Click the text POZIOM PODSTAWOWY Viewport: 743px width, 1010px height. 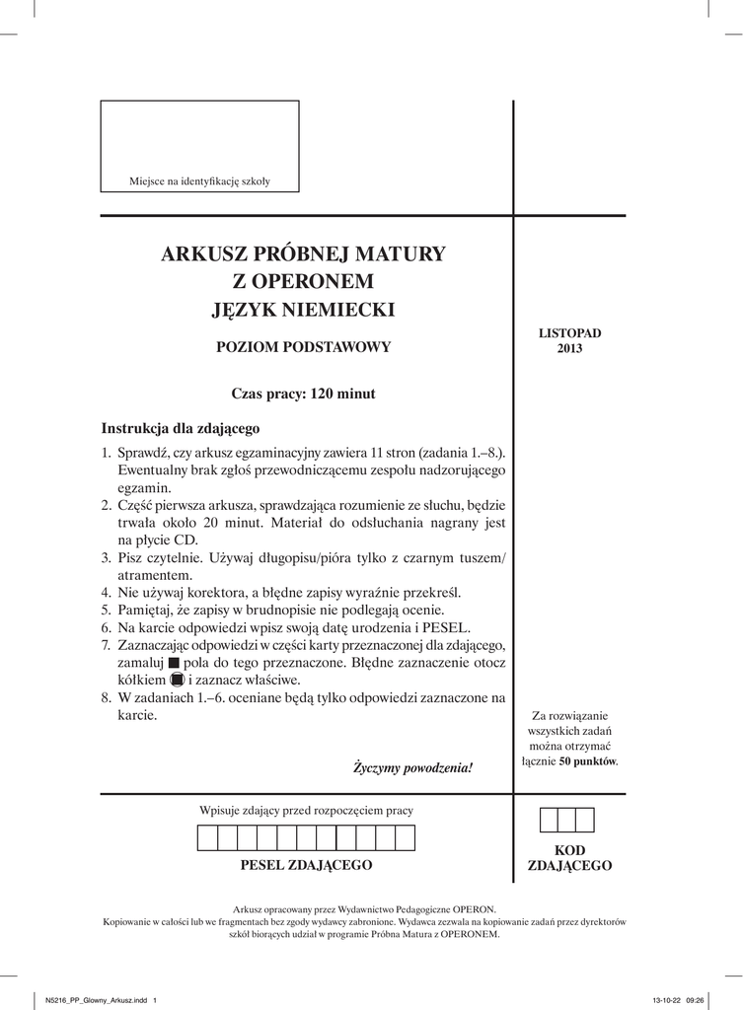(x=304, y=347)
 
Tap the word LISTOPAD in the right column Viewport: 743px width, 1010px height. (x=569, y=333)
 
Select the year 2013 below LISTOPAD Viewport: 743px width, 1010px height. (x=569, y=348)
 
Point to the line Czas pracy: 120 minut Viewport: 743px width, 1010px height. (x=303, y=394)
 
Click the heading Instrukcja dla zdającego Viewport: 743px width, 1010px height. (x=180, y=429)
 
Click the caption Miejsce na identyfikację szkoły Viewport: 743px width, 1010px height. (x=200, y=181)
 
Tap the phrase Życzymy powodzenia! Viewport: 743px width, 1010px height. (x=413, y=766)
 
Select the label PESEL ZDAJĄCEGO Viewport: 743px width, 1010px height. (x=306, y=865)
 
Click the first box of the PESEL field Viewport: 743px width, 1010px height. (x=208, y=838)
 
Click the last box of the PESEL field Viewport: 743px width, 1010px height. (x=406, y=838)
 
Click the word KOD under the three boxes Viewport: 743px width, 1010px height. (x=569, y=850)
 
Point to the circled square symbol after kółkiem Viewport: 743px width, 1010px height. (x=177, y=681)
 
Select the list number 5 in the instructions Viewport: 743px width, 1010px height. (x=106, y=610)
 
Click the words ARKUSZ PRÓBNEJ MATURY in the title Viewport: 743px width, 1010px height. (x=303, y=254)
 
